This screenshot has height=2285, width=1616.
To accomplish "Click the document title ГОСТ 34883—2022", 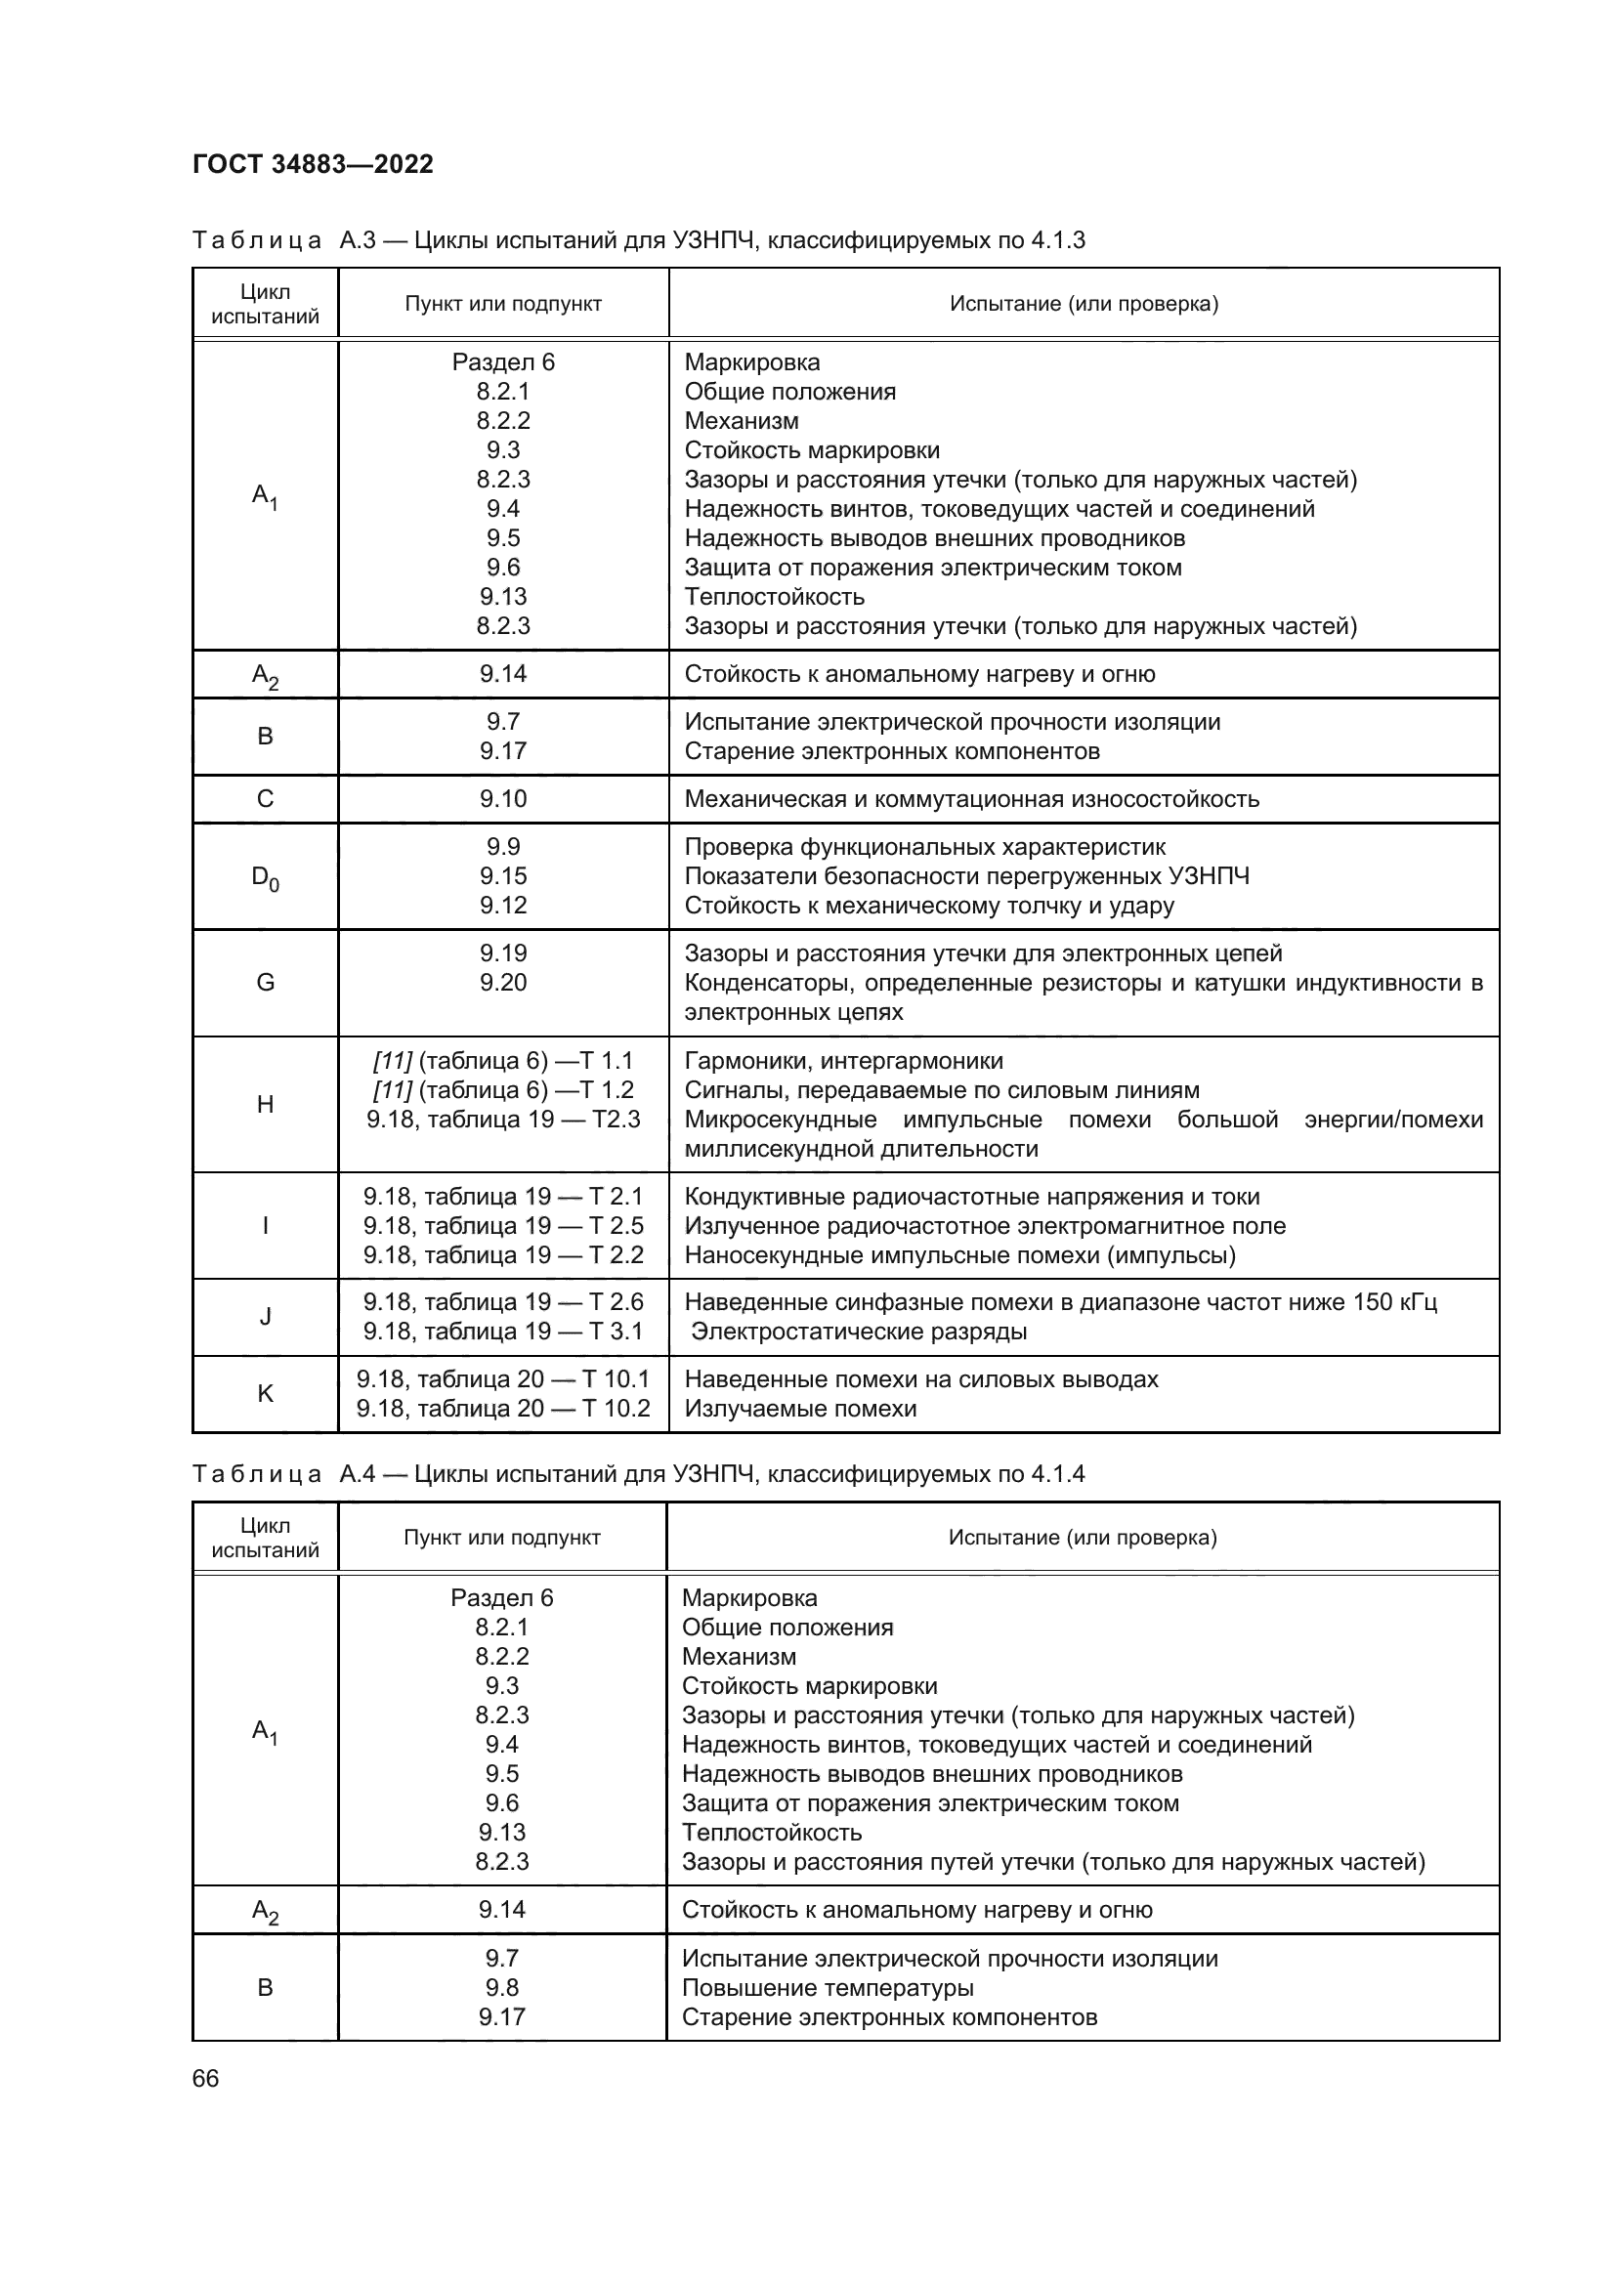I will (x=313, y=164).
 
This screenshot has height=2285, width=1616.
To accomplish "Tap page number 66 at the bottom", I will (x=205, y=2078).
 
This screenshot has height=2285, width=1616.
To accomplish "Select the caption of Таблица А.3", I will (x=638, y=240).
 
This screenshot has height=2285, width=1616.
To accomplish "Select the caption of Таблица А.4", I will (x=638, y=1474).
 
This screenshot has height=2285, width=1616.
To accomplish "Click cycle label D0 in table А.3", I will (x=265, y=878).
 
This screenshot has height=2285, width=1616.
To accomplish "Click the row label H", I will (x=265, y=1105).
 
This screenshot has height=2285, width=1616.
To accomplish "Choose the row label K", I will (x=265, y=1394).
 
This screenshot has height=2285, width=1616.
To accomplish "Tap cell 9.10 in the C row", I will (x=502, y=799).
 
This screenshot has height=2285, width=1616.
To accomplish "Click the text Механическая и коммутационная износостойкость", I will (x=971, y=799).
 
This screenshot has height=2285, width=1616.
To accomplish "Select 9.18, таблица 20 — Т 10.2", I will (x=502, y=1409).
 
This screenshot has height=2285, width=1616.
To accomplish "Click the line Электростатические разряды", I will (x=859, y=1332).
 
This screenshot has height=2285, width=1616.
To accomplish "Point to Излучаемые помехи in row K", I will (x=800, y=1409).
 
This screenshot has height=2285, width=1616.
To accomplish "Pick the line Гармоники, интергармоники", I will (x=844, y=1061).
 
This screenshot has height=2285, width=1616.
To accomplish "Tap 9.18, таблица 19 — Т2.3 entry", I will (x=502, y=1119).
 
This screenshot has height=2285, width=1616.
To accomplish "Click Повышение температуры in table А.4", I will (x=827, y=1987).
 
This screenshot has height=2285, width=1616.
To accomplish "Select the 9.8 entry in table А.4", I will (x=501, y=1987).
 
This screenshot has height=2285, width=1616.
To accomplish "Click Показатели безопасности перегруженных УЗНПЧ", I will (x=966, y=875).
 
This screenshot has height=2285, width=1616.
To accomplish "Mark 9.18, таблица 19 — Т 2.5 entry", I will (x=502, y=1225).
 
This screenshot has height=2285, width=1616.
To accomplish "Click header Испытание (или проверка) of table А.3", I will (x=1083, y=304).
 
